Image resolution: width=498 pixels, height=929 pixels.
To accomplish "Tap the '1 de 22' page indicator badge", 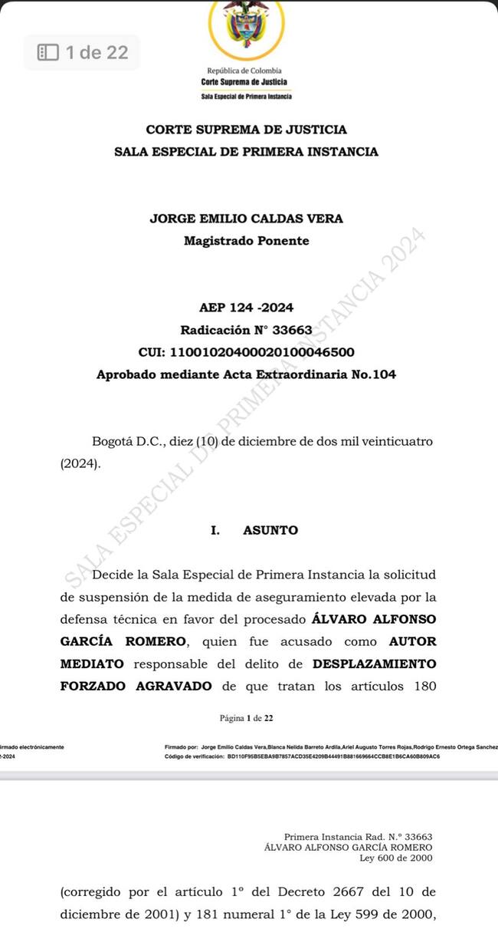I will (83, 52).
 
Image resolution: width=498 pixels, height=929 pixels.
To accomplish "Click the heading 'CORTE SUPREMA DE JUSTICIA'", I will (246, 130).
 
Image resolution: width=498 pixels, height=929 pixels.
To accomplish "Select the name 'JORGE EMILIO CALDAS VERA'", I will (246, 219).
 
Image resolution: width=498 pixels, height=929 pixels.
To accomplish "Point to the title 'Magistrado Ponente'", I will (246, 241).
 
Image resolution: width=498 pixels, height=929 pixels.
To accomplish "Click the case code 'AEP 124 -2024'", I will (246, 308).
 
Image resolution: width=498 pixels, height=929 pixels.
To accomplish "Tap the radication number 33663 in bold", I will (293, 331).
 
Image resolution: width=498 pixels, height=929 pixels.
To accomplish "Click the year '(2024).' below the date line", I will (80, 464).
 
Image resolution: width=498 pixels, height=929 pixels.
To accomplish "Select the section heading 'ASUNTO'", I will (270, 531).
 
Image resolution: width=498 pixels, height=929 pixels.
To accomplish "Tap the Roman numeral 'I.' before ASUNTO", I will (215, 531).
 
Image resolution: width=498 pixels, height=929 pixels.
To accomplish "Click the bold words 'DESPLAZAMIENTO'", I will (375, 663).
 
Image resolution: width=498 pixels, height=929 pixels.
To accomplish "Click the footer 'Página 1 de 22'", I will (246, 719).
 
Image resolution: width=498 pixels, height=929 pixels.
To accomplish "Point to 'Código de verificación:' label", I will (194, 756).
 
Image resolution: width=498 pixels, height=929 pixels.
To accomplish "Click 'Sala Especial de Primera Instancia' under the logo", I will (246, 97).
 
